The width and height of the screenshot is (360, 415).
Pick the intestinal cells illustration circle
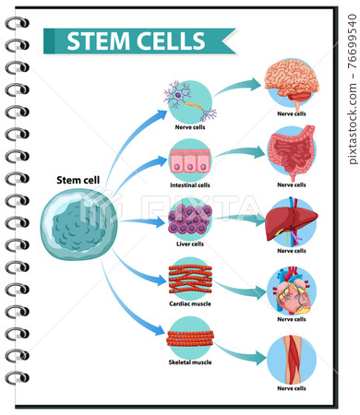tap(190, 160)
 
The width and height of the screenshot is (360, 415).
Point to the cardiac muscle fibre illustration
tap(190, 279)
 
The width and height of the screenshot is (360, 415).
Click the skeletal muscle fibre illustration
tap(190, 338)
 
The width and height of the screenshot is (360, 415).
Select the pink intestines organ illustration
tap(291, 152)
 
